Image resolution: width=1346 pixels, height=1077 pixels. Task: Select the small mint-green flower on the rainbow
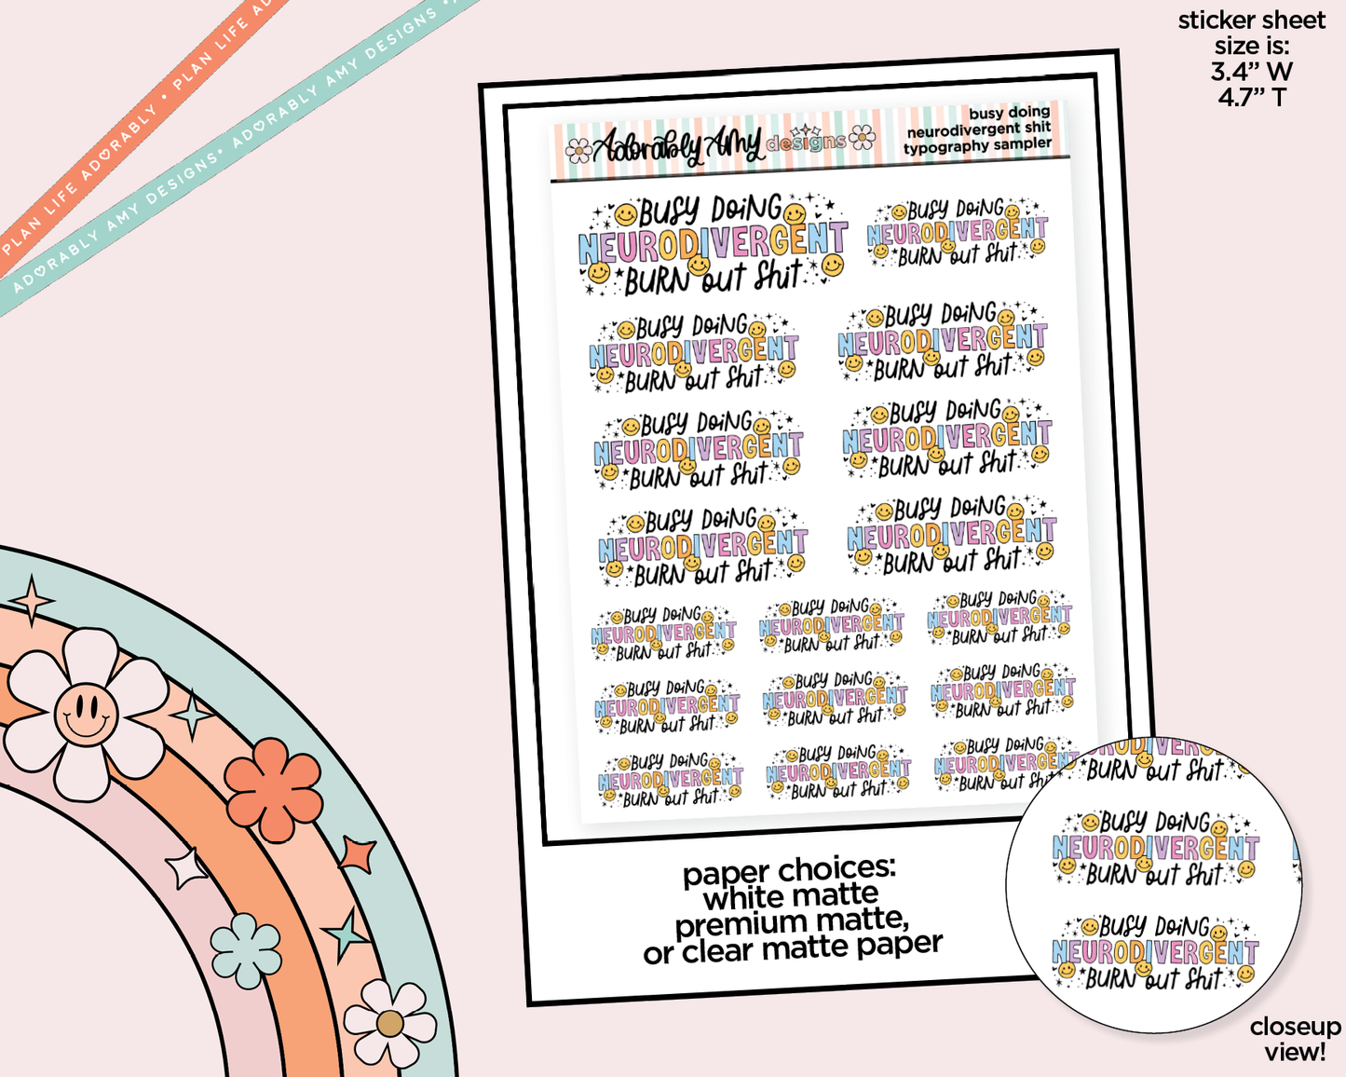click(x=245, y=950)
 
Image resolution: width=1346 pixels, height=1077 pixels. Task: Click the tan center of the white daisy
click(x=389, y=1024)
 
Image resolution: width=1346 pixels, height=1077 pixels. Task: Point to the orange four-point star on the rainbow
click(x=357, y=853)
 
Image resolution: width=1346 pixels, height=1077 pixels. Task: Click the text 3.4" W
click(x=1252, y=71)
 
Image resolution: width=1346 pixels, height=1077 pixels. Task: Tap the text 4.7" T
click(x=1252, y=96)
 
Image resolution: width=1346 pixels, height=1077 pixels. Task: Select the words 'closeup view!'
click(x=1295, y=1039)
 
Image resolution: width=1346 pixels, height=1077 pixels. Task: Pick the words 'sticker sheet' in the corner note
click(x=1251, y=20)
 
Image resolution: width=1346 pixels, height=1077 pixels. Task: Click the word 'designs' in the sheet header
click(x=806, y=142)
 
